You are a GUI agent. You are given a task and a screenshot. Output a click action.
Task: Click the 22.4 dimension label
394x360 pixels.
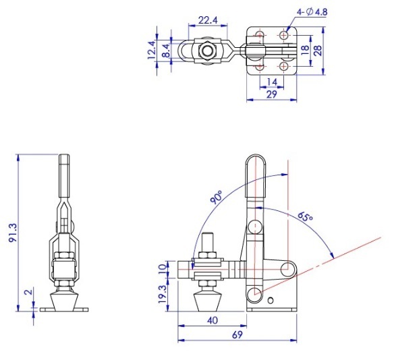(208, 20)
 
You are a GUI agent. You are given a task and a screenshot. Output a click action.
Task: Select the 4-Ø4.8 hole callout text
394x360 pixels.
(312, 12)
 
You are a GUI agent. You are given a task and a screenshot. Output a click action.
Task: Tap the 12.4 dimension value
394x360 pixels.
(152, 50)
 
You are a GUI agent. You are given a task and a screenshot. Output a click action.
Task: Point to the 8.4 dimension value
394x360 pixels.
(167, 51)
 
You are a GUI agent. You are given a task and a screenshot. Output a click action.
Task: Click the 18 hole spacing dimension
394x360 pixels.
(305, 51)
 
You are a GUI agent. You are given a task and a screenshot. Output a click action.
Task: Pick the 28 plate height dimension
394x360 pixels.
(318, 51)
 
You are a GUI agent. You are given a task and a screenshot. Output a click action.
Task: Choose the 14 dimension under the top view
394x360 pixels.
(272, 82)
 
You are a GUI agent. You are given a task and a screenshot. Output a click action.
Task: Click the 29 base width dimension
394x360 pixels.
(271, 94)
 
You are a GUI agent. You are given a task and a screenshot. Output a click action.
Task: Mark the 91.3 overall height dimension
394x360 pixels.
(13, 233)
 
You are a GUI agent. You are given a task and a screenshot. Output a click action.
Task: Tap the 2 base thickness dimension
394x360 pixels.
(29, 292)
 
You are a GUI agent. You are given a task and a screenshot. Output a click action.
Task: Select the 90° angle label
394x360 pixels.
(217, 197)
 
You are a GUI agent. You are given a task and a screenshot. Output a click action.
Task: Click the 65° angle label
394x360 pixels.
(305, 216)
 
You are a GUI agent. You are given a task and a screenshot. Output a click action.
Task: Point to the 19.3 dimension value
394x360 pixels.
(163, 294)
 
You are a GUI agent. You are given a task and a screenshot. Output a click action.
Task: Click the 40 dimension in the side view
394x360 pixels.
(213, 321)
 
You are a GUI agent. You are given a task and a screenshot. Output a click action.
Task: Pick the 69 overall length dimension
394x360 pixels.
(237, 334)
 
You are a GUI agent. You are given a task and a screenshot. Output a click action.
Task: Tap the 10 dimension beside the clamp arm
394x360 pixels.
(163, 268)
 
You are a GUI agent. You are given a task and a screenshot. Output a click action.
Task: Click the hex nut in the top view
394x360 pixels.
(207, 51)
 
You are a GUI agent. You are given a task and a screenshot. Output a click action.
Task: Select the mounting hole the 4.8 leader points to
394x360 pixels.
(284, 35)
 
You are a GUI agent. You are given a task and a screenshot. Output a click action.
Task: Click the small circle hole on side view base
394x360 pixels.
(271, 300)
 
